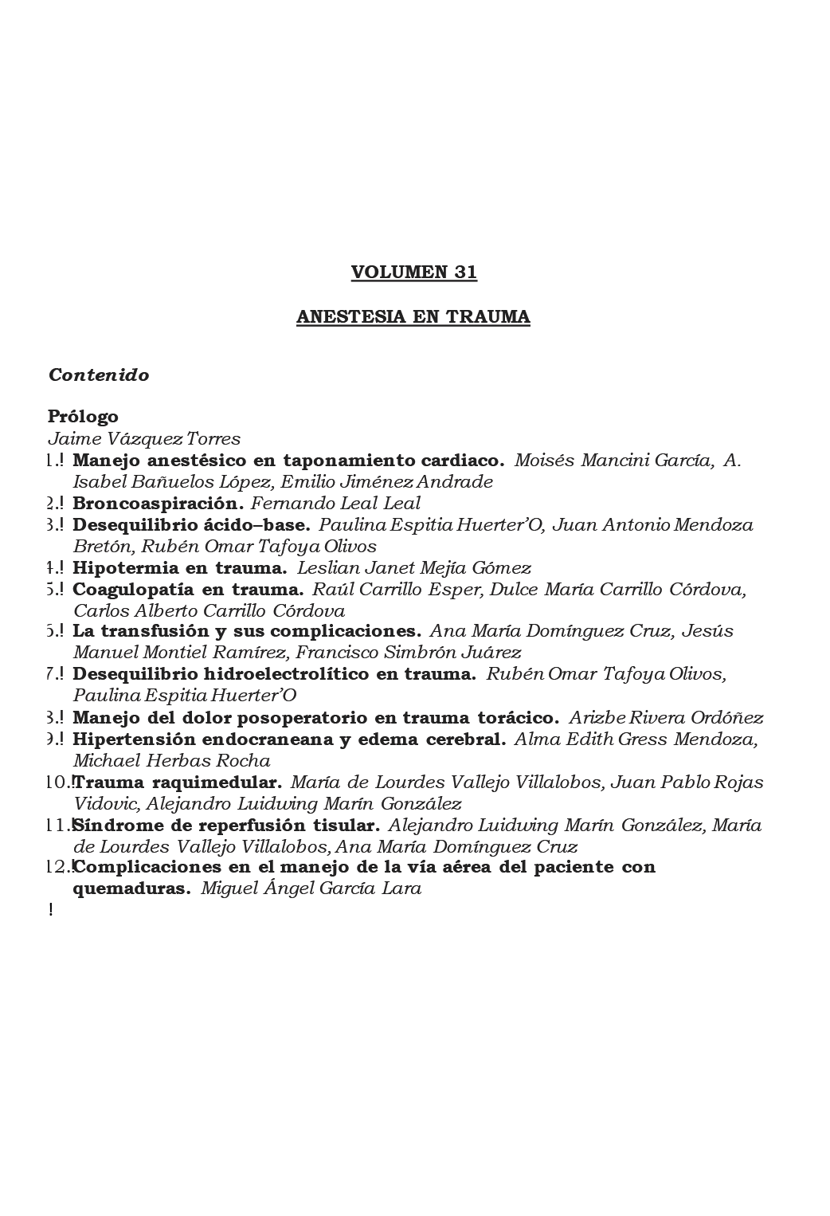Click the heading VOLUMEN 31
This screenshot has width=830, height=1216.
coord(413,273)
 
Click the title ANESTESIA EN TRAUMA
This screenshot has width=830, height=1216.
coord(413,317)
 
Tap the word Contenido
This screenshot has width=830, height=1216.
coord(99,375)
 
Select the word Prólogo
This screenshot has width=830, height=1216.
coord(83,417)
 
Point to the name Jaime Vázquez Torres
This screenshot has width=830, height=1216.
coord(144,438)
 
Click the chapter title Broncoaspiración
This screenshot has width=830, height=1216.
coord(158,504)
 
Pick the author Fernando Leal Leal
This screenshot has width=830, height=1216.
coord(335,504)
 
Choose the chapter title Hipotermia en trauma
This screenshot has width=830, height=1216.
coord(179,568)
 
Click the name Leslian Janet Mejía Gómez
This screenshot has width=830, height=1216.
coord(413,568)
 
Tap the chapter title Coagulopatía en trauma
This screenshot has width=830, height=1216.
coord(188,590)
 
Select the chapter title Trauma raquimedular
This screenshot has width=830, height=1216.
coord(178,783)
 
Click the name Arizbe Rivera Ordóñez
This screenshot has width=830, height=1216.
coord(666,718)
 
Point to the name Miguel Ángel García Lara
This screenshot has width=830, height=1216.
coord(311,888)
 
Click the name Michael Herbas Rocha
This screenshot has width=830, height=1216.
coord(171,761)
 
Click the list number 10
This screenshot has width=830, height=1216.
coord(59,783)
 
